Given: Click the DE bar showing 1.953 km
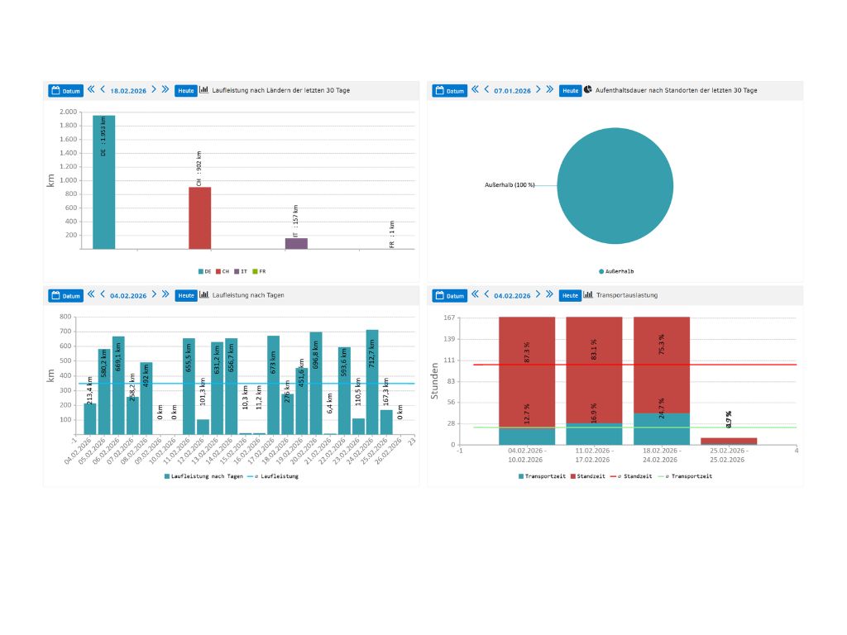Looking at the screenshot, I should (x=103, y=182).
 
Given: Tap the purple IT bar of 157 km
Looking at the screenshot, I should (x=296, y=243).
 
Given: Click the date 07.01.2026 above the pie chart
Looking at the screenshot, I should (x=512, y=90).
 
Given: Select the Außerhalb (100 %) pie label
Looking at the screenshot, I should (x=509, y=184).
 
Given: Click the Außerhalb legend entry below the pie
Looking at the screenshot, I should (x=616, y=270).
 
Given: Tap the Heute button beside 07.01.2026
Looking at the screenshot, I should (x=570, y=90).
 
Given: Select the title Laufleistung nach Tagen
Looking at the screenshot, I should (x=248, y=295).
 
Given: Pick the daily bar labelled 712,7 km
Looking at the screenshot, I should (x=372, y=381).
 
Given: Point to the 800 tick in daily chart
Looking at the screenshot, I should (x=66, y=317).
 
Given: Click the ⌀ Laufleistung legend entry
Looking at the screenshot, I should (x=275, y=476).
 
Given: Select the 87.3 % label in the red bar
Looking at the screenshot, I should (x=527, y=351).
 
